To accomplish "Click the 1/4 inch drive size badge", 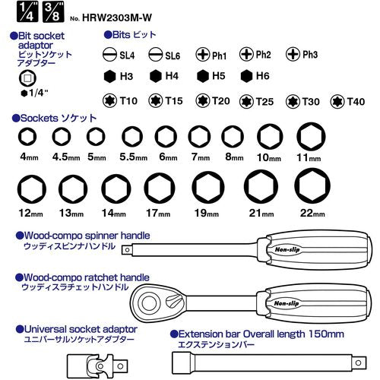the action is (27, 12).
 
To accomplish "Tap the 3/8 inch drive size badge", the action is (53, 12).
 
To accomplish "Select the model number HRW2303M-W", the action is (117, 17).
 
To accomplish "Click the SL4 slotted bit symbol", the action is (109, 55).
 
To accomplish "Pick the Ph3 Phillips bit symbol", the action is (293, 54).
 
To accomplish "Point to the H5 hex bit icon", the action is (203, 76).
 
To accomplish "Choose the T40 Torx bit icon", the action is (337, 102).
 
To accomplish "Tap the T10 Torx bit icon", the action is (109, 101).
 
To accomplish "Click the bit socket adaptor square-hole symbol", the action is (27, 78).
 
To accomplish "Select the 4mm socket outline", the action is (27, 137).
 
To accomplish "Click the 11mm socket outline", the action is (311, 136).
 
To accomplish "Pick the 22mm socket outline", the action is (312, 185).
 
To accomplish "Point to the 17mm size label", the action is (158, 214).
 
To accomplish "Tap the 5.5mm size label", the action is (134, 157).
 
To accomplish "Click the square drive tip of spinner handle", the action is (127, 250).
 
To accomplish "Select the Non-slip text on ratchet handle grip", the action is (287, 303).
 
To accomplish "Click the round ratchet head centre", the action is (149, 302).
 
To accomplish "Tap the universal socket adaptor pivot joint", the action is (100, 366).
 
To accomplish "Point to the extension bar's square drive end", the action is (358, 363).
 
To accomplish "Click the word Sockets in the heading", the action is (40, 119).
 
